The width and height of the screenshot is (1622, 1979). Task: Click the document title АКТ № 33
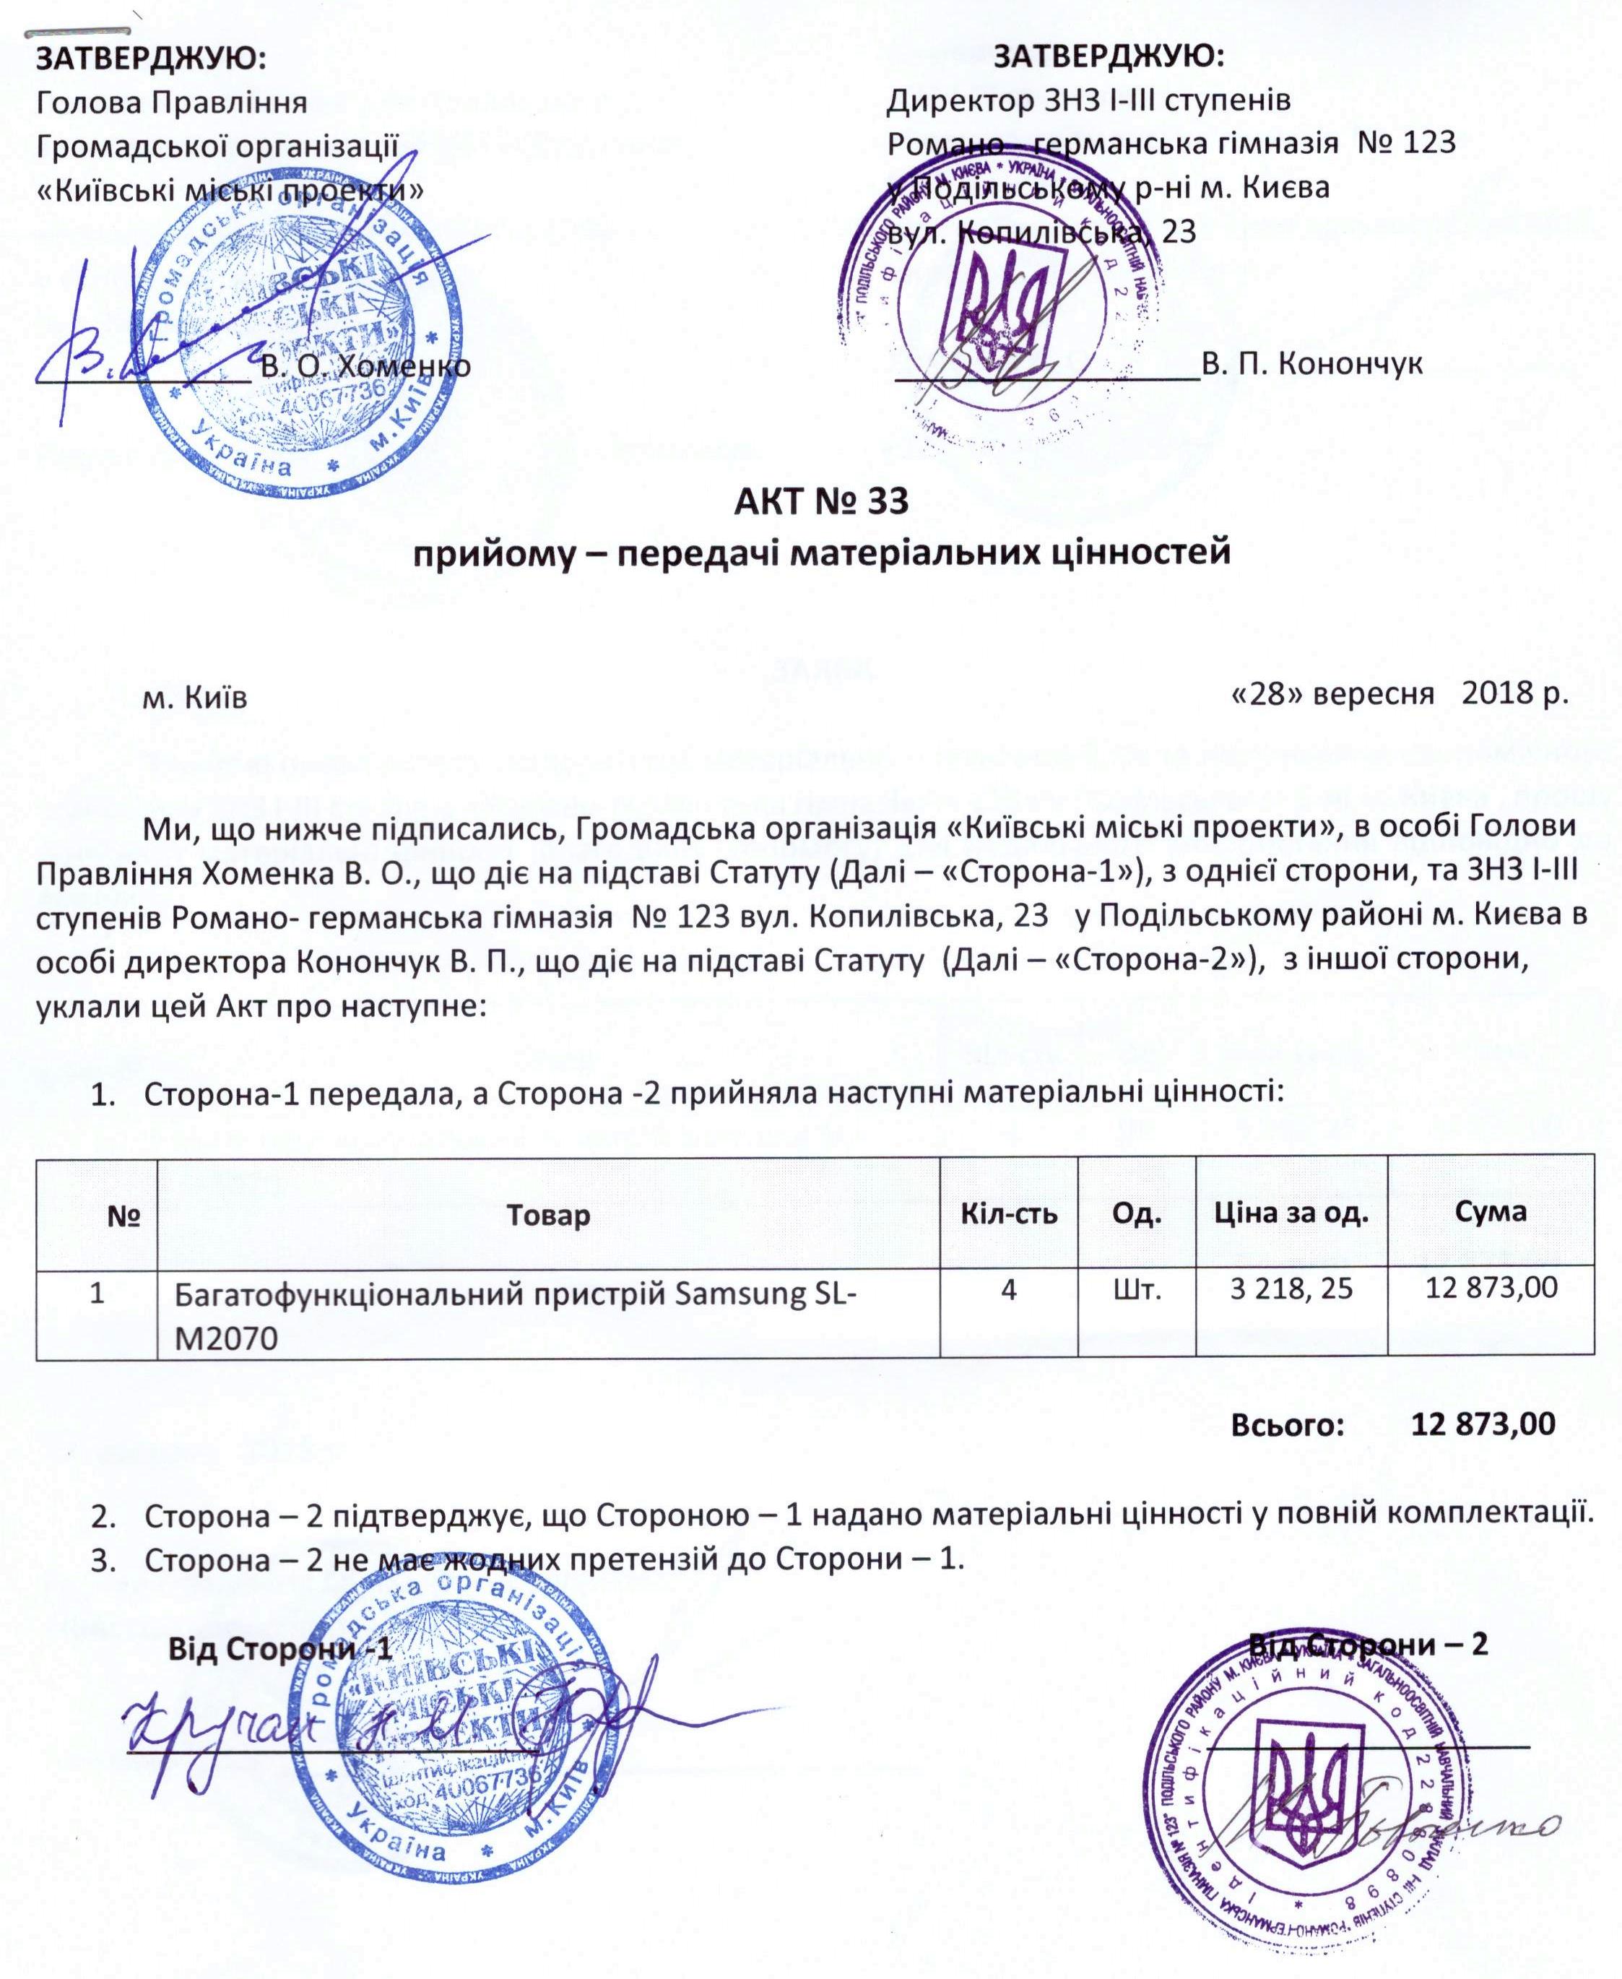[x=820, y=502]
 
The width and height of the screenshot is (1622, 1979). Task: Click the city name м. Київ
[x=194, y=698]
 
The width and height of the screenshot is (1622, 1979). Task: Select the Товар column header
[x=547, y=1215]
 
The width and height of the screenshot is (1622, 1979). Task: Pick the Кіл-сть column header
[x=1009, y=1213]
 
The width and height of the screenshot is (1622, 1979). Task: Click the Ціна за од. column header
[x=1291, y=1213]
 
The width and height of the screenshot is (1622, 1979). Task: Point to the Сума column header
[x=1491, y=1212]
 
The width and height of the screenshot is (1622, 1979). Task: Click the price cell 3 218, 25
[x=1291, y=1289]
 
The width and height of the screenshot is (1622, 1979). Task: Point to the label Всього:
[x=1288, y=1425]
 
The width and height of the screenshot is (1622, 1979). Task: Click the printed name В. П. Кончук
[x=1311, y=363]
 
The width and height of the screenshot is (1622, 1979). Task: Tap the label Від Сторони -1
[x=279, y=1649]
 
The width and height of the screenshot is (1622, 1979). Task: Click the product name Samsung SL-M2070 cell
[x=516, y=1315]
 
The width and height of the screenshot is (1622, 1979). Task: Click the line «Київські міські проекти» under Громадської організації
[x=230, y=190]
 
